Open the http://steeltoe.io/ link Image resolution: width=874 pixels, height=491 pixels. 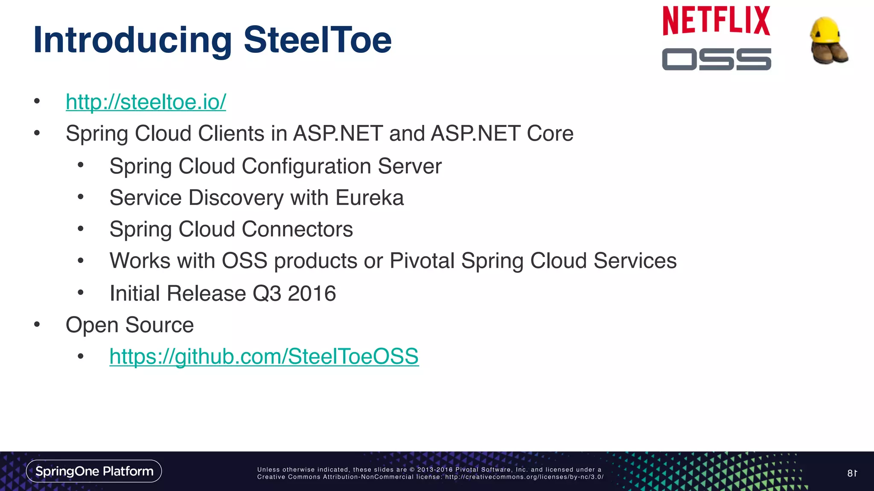[146, 102]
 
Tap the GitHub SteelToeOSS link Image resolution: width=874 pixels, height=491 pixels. [264, 356]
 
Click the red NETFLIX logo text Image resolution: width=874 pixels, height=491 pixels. [716, 21]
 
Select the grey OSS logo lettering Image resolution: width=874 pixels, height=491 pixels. [716, 59]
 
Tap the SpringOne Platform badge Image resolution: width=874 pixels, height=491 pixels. [94, 471]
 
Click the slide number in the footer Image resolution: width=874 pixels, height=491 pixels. [852, 473]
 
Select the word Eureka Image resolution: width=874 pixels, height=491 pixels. [369, 198]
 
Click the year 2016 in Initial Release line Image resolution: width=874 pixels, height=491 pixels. [312, 294]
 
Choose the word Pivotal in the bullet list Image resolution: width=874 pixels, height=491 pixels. [422, 261]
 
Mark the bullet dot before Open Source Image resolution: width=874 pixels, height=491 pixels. [37, 325]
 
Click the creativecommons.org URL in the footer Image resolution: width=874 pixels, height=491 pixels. [524, 477]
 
